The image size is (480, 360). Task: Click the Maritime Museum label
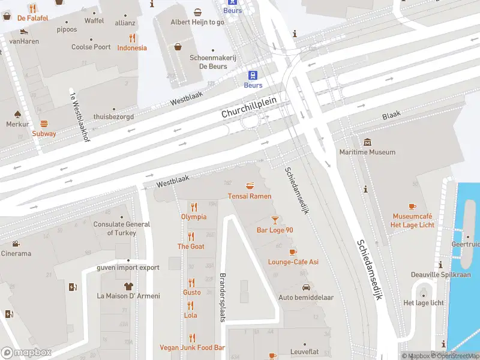coord(367,152)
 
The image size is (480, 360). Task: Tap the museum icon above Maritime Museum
coord(367,142)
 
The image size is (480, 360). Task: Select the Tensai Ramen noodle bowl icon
coord(250,186)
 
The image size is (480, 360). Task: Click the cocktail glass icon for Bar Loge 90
coord(275,220)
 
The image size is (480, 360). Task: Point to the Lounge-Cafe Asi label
coord(293,262)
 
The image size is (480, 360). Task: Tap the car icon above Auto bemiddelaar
coord(305,287)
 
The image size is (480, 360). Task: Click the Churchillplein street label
coord(248,107)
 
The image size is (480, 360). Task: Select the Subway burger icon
coord(44,124)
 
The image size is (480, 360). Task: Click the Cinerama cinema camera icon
coord(16,244)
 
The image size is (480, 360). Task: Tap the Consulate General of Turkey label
coord(122,229)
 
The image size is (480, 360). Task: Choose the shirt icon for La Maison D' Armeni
coord(128,286)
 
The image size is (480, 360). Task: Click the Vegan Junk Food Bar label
coord(192,347)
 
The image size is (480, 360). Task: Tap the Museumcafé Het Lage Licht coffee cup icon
coord(412,206)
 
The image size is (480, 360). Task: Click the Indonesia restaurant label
coord(132,48)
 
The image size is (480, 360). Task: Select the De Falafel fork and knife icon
coord(32,8)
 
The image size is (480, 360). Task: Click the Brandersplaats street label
coord(222,298)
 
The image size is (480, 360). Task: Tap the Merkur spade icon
coord(17,114)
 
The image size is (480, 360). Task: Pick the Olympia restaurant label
coord(193,217)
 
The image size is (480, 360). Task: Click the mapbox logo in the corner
coord(26,353)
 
